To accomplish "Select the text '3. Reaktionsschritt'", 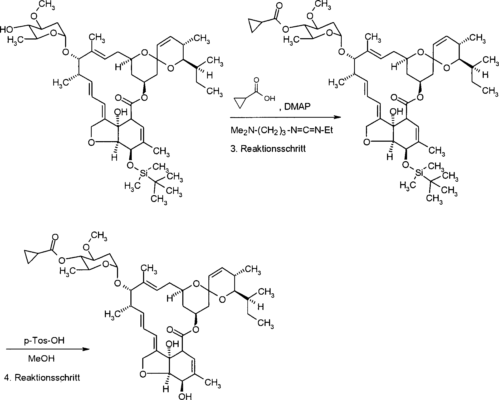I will click(x=268, y=149).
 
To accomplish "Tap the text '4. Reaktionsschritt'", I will click(x=42, y=378).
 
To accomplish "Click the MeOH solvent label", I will click(x=41, y=359).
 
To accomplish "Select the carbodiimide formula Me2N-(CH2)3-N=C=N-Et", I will click(x=282, y=131).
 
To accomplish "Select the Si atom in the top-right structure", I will click(x=419, y=173).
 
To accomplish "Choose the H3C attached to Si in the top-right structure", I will click(x=407, y=185).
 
